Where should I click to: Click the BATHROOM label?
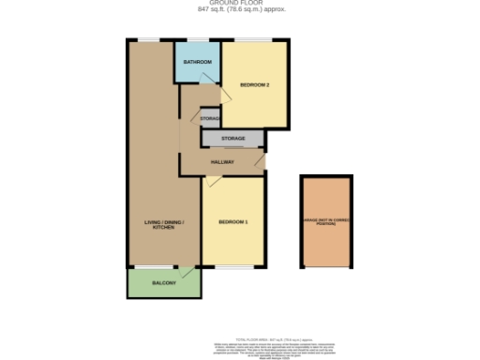click(197, 62)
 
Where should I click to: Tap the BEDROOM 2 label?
click(254, 85)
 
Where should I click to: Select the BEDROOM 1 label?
click(232, 222)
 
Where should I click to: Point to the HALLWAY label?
click(222, 163)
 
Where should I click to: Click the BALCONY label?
click(163, 282)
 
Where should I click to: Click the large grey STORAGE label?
click(233, 139)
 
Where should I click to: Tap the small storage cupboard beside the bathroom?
click(210, 119)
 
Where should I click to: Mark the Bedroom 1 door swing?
click(208, 182)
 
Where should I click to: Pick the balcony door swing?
click(191, 274)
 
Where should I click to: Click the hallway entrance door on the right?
click(261, 161)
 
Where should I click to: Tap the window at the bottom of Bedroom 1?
click(232, 267)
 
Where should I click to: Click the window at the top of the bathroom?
click(197, 39)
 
